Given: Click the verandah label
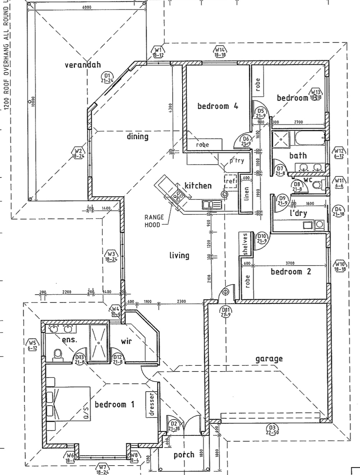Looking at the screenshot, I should [x=83, y=65].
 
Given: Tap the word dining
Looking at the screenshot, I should [x=138, y=137].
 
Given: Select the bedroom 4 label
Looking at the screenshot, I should [x=218, y=106].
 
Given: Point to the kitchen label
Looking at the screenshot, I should [x=198, y=186].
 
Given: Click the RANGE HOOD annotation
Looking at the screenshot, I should [x=154, y=221].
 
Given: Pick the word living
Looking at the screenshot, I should [x=179, y=255].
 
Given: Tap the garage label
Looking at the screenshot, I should [x=269, y=359].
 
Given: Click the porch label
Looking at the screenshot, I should [x=184, y=455].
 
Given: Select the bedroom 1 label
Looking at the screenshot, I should [x=114, y=405].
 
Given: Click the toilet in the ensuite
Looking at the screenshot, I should [x=57, y=355].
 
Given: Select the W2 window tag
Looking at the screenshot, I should [x=78, y=153].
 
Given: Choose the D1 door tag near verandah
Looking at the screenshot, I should [x=107, y=78].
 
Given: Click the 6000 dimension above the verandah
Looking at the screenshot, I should [x=87, y=7].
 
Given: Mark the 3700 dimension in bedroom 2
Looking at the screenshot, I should [x=289, y=263].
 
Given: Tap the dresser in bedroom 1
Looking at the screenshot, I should [x=151, y=404].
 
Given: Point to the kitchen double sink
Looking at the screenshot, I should [x=208, y=205].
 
